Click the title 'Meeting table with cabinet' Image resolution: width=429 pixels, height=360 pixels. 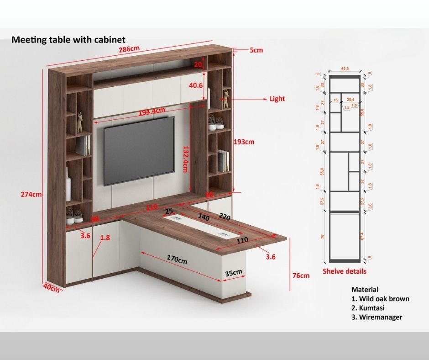click(68, 40)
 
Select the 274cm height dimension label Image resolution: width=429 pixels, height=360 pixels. click(31, 194)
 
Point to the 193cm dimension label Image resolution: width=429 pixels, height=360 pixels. click(244, 142)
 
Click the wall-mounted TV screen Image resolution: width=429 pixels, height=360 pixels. click(139, 151)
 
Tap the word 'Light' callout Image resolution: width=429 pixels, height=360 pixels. click(277, 99)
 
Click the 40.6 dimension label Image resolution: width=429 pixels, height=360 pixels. click(196, 85)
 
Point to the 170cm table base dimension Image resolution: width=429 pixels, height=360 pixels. click(177, 259)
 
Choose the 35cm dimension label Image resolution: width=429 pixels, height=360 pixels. click(234, 273)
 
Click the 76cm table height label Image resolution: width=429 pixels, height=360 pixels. click(301, 275)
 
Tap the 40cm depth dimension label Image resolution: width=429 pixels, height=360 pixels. click(51, 289)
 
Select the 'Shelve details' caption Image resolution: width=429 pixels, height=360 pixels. click(345, 271)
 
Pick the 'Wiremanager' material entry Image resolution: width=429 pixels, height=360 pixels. click(381, 317)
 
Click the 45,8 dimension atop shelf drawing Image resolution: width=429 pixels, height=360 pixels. click(345, 69)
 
